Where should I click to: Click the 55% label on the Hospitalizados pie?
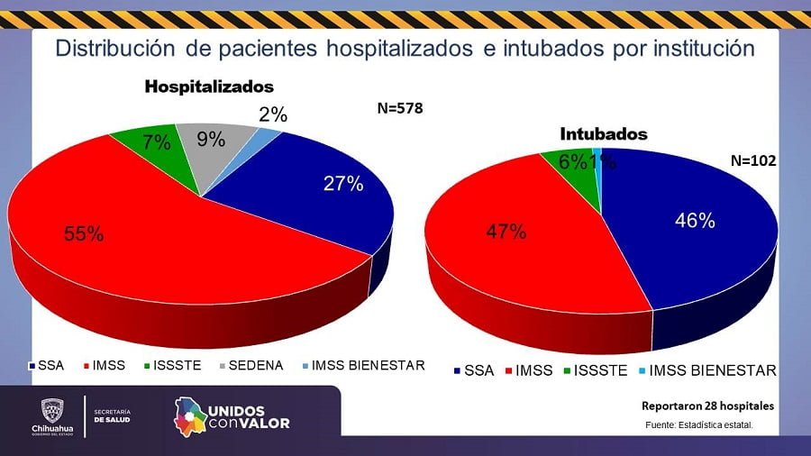(84, 234)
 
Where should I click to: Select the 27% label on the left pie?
(343, 185)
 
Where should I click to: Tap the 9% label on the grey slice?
(211, 140)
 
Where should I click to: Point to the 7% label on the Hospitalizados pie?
(156, 141)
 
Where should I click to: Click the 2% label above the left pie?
(272, 114)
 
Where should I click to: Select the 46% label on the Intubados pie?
(695, 221)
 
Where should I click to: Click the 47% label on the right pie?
(506, 232)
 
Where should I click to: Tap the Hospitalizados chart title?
(209, 87)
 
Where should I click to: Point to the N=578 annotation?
(399, 109)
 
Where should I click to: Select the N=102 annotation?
(752, 162)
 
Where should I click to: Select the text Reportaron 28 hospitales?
(706, 406)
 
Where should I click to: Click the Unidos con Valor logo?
(232, 415)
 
